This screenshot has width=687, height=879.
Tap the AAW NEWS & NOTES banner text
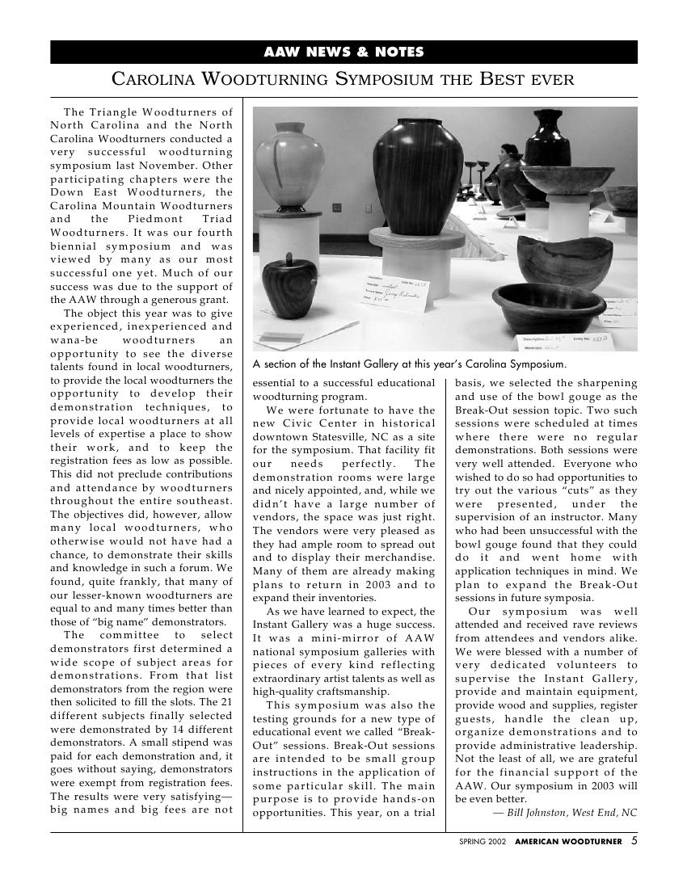[x=343, y=53]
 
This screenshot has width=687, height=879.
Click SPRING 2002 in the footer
[x=483, y=842]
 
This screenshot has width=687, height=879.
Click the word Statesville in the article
[x=328, y=437]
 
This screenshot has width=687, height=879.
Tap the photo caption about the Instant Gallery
[x=409, y=364]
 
